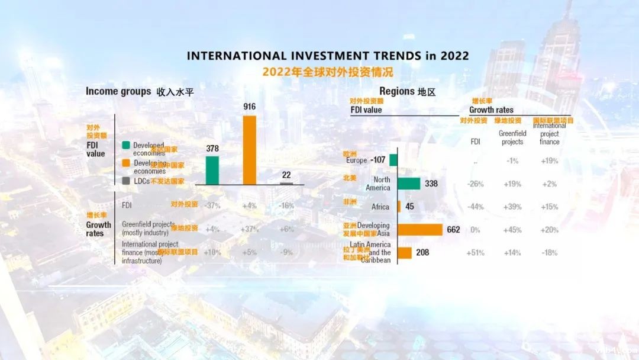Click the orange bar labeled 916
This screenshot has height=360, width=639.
(250, 150)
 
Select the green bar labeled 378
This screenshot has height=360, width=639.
(212, 170)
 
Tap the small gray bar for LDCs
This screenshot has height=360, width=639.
(286, 184)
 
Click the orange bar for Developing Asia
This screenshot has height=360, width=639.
(420, 230)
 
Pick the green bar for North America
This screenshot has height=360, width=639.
(409, 184)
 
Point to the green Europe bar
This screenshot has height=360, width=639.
(393, 160)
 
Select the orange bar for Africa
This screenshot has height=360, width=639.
(399, 207)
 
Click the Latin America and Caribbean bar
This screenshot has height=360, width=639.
(405, 253)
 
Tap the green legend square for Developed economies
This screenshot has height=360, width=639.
(126, 146)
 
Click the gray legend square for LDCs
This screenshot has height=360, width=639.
(126, 181)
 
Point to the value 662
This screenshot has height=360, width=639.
(454, 230)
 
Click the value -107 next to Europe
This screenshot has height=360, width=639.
(377, 160)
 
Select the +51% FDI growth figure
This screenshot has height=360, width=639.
(475, 253)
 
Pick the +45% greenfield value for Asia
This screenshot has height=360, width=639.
(512, 230)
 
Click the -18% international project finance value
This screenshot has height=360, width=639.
(549, 253)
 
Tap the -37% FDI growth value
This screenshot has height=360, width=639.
(212, 205)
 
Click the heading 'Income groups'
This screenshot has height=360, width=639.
(118, 91)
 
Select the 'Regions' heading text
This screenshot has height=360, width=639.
(396, 91)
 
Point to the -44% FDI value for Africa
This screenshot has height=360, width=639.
(475, 207)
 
